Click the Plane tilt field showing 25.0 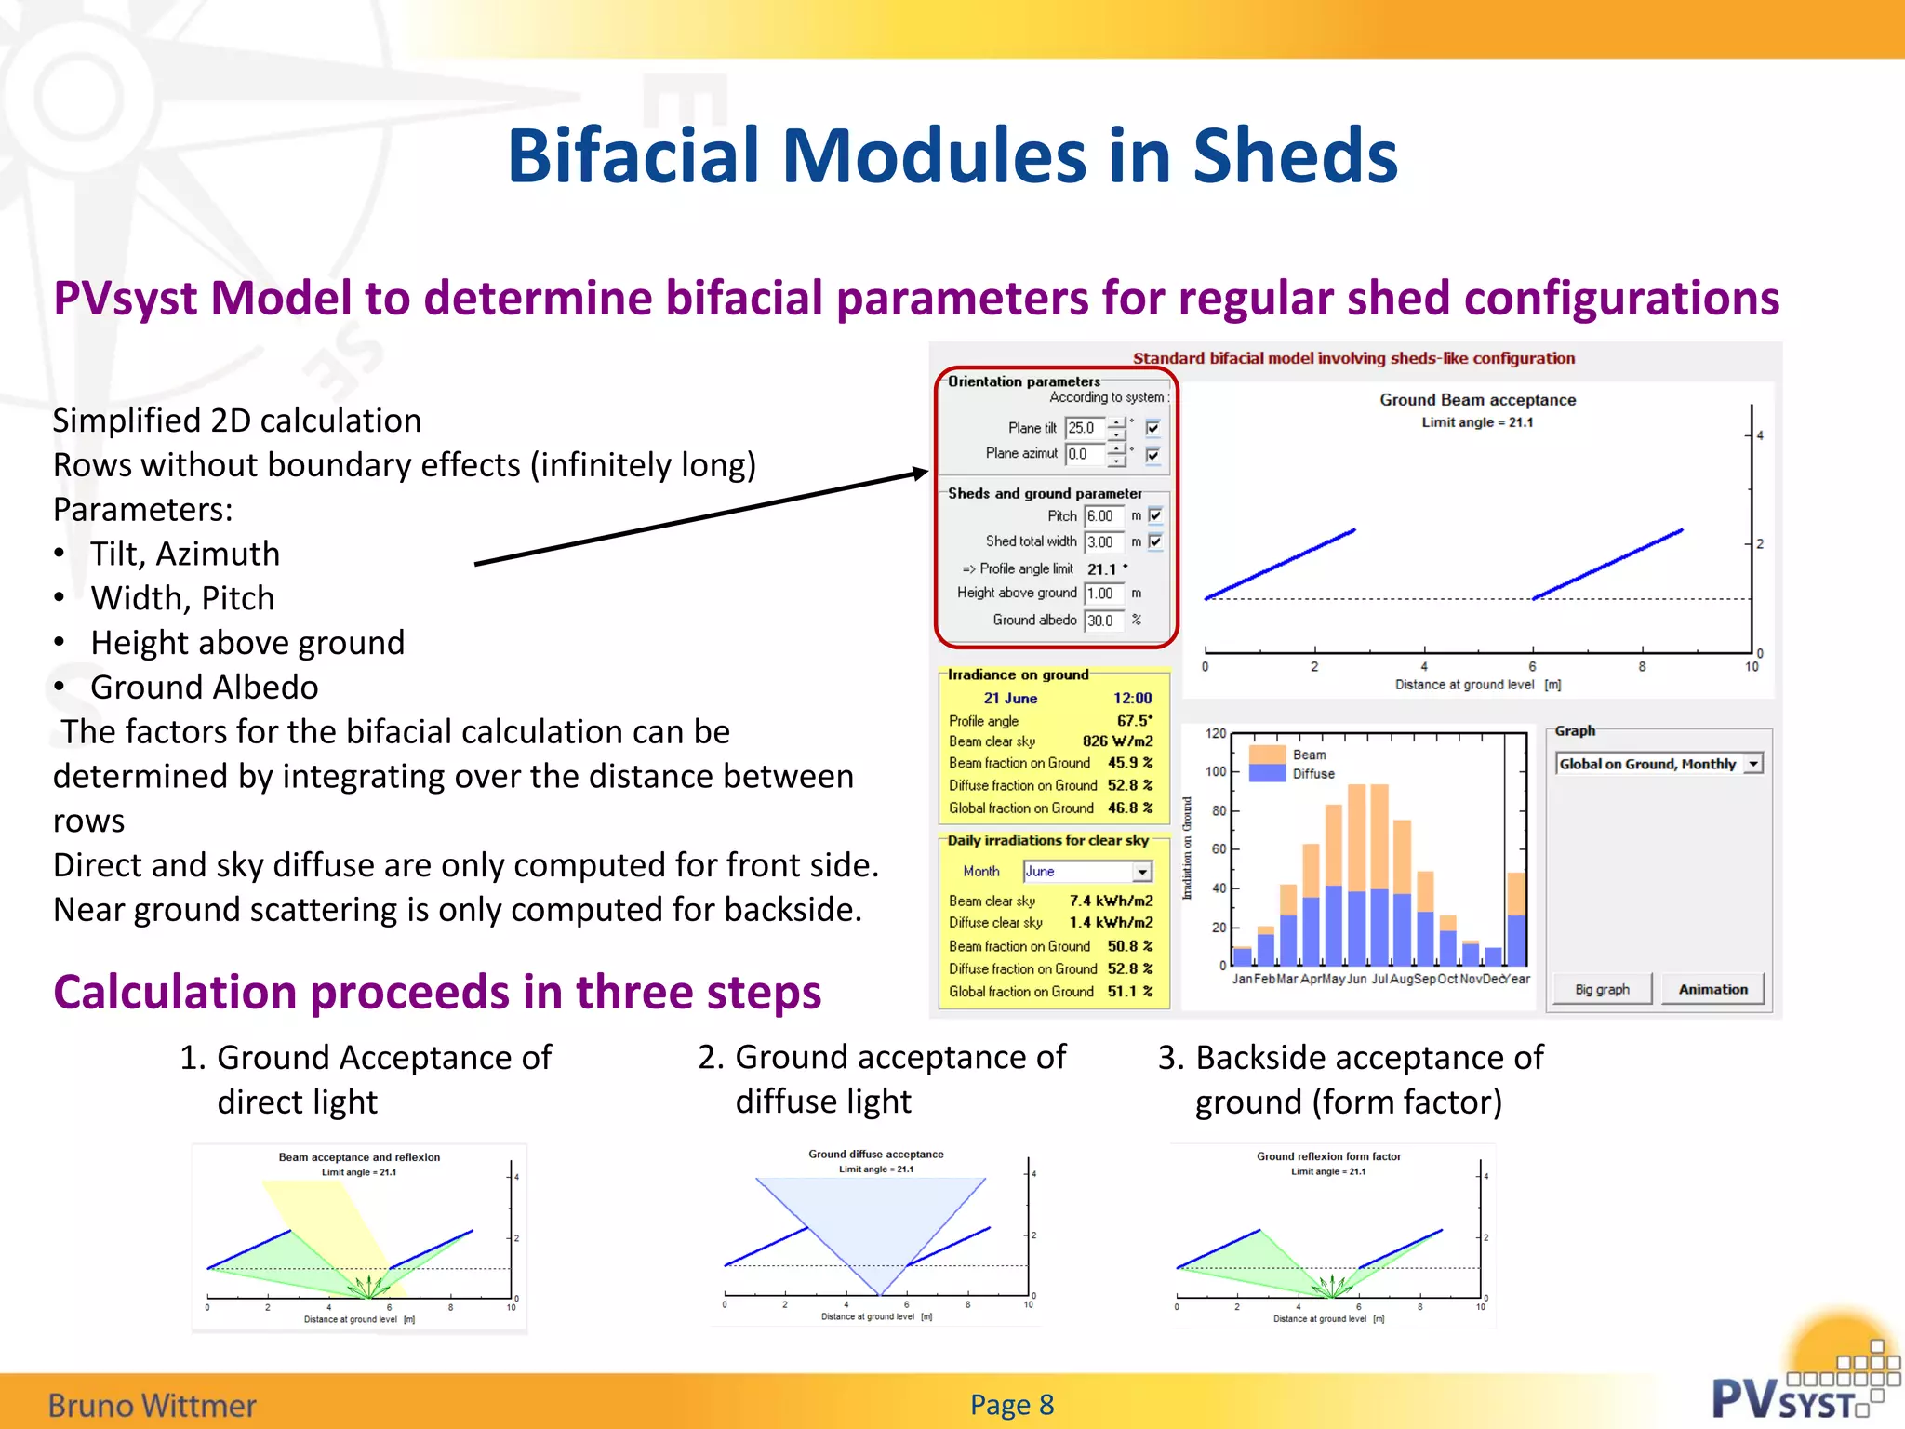click(x=1084, y=428)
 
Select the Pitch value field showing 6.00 click(x=1102, y=516)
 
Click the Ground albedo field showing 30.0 click(x=1102, y=621)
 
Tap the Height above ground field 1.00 click(x=1102, y=594)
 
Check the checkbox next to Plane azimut click(x=1153, y=455)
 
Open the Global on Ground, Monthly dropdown click(x=1753, y=764)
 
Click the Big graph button click(x=1602, y=990)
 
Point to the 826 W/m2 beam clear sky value click(x=1117, y=741)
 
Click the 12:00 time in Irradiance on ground click(x=1132, y=699)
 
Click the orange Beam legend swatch click(x=1266, y=754)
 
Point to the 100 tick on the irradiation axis click(x=1216, y=771)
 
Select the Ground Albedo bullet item click(x=204, y=688)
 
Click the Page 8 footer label click(x=1012, y=1404)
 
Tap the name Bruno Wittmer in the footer click(x=152, y=1405)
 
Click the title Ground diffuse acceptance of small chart click(x=875, y=1155)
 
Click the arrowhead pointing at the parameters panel click(x=920, y=473)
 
